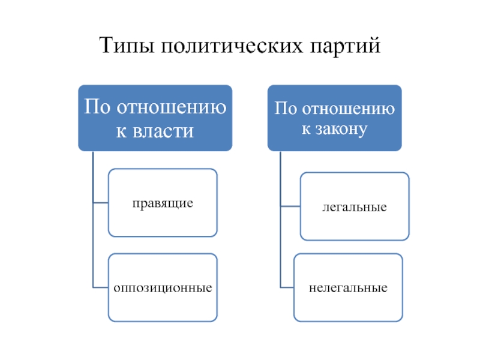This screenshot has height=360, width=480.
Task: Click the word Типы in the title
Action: (127, 46)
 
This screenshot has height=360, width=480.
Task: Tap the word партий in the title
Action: (345, 46)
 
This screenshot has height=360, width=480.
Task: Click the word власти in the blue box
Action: (163, 131)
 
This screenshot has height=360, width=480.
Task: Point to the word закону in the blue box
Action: (341, 129)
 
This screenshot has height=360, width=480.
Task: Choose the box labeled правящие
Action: (163, 203)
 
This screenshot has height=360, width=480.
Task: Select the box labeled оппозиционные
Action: (163, 287)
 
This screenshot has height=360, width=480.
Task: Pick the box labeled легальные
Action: (355, 206)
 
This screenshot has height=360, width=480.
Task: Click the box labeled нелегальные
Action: (348, 287)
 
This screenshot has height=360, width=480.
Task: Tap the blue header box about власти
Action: (155, 118)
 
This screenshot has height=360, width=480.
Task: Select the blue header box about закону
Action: (335, 118)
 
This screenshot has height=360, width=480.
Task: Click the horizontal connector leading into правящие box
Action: (101, 203)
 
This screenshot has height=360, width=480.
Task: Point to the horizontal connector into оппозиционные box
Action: (101, 287)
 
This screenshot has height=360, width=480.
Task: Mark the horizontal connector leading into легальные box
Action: (290, 206)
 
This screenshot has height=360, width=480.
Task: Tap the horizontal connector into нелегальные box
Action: (287, 287)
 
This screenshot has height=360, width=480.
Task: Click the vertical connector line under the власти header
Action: (93, 220)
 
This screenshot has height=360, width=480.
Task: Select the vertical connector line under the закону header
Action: (281, 220)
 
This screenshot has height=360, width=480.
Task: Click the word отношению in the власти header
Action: (172, 107)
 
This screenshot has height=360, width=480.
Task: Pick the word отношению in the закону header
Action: (349, 109)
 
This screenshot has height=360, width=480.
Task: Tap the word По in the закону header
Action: (286, 108)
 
